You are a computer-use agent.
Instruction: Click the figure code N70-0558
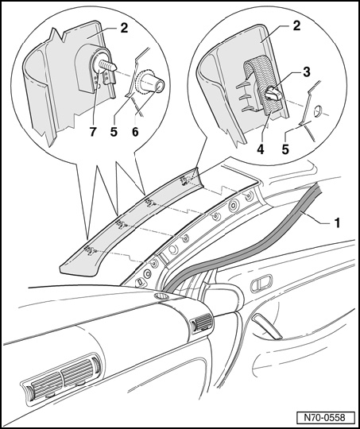tap(325, 418)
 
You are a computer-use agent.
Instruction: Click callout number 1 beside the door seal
tap(337, 222)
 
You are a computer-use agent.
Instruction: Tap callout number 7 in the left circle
tap(92, 132)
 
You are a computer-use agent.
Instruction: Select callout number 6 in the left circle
tap(135, 132)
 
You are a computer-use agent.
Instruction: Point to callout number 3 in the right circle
tap(306, 72)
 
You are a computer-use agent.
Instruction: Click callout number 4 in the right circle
tap(261, 149)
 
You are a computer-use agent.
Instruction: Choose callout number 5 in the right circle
tap(285, 149)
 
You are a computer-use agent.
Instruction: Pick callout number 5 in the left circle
tap(114, 132)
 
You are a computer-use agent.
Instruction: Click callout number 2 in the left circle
tap(124, 28)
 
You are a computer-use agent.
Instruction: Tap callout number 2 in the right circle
tap(296, 25)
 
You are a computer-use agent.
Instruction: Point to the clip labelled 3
tap(273, 94)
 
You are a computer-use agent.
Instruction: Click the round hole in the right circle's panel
tap(317, 111)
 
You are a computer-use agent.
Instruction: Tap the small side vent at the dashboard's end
tap(202, 322)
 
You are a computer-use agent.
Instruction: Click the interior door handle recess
tap(261, 283)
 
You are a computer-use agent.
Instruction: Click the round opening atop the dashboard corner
tap(161, 296)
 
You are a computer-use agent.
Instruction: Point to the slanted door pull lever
tap(267, 327)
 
